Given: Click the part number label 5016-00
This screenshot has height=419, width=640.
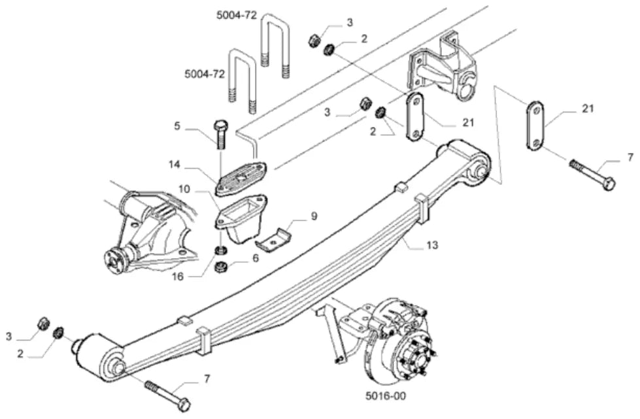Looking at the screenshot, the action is point(386,395).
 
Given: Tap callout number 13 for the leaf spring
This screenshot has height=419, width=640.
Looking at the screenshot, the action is point(432,245).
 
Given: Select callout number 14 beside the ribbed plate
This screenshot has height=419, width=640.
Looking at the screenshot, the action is point(174,165).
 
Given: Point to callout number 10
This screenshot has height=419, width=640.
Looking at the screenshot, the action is point(184,190).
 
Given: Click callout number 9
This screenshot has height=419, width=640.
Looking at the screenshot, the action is point(314,216).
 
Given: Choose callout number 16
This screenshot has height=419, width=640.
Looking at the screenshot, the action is point(178,277).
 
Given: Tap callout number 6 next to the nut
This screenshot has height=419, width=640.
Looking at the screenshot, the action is point(256,258).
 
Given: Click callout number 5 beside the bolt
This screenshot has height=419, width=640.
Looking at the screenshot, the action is point(177,126).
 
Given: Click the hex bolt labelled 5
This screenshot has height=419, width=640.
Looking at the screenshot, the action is point(221,135).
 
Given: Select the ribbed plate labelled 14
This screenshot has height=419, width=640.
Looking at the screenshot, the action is point(241,179).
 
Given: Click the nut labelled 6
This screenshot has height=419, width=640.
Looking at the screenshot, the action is point(221,267).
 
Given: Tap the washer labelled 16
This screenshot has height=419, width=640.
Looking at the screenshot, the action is point(221,249).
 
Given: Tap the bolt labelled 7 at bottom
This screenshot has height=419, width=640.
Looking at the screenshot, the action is point(167,394).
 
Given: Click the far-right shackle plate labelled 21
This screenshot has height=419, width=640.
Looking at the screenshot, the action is point(534,124).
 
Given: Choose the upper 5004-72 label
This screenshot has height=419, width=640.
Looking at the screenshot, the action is point(237,16).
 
